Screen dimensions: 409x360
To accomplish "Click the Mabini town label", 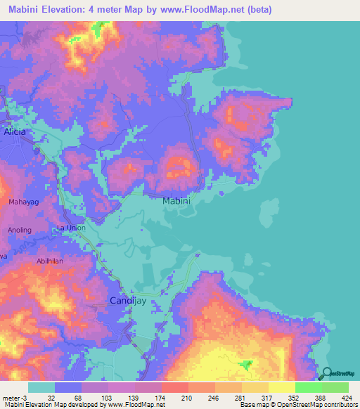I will point(176,202).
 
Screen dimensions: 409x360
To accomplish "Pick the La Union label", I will point(70,228).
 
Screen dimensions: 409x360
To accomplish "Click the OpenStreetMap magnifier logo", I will point(327,375).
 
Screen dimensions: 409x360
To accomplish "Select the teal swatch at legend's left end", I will point(41,387).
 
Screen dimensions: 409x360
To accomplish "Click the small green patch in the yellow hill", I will point(245,364).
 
